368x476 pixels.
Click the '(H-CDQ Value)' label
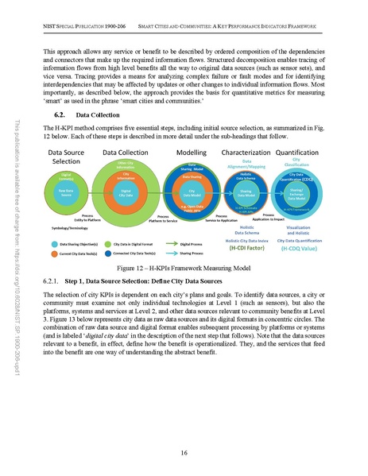tap(303, 248)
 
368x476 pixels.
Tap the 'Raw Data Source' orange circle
tap(66, 192)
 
